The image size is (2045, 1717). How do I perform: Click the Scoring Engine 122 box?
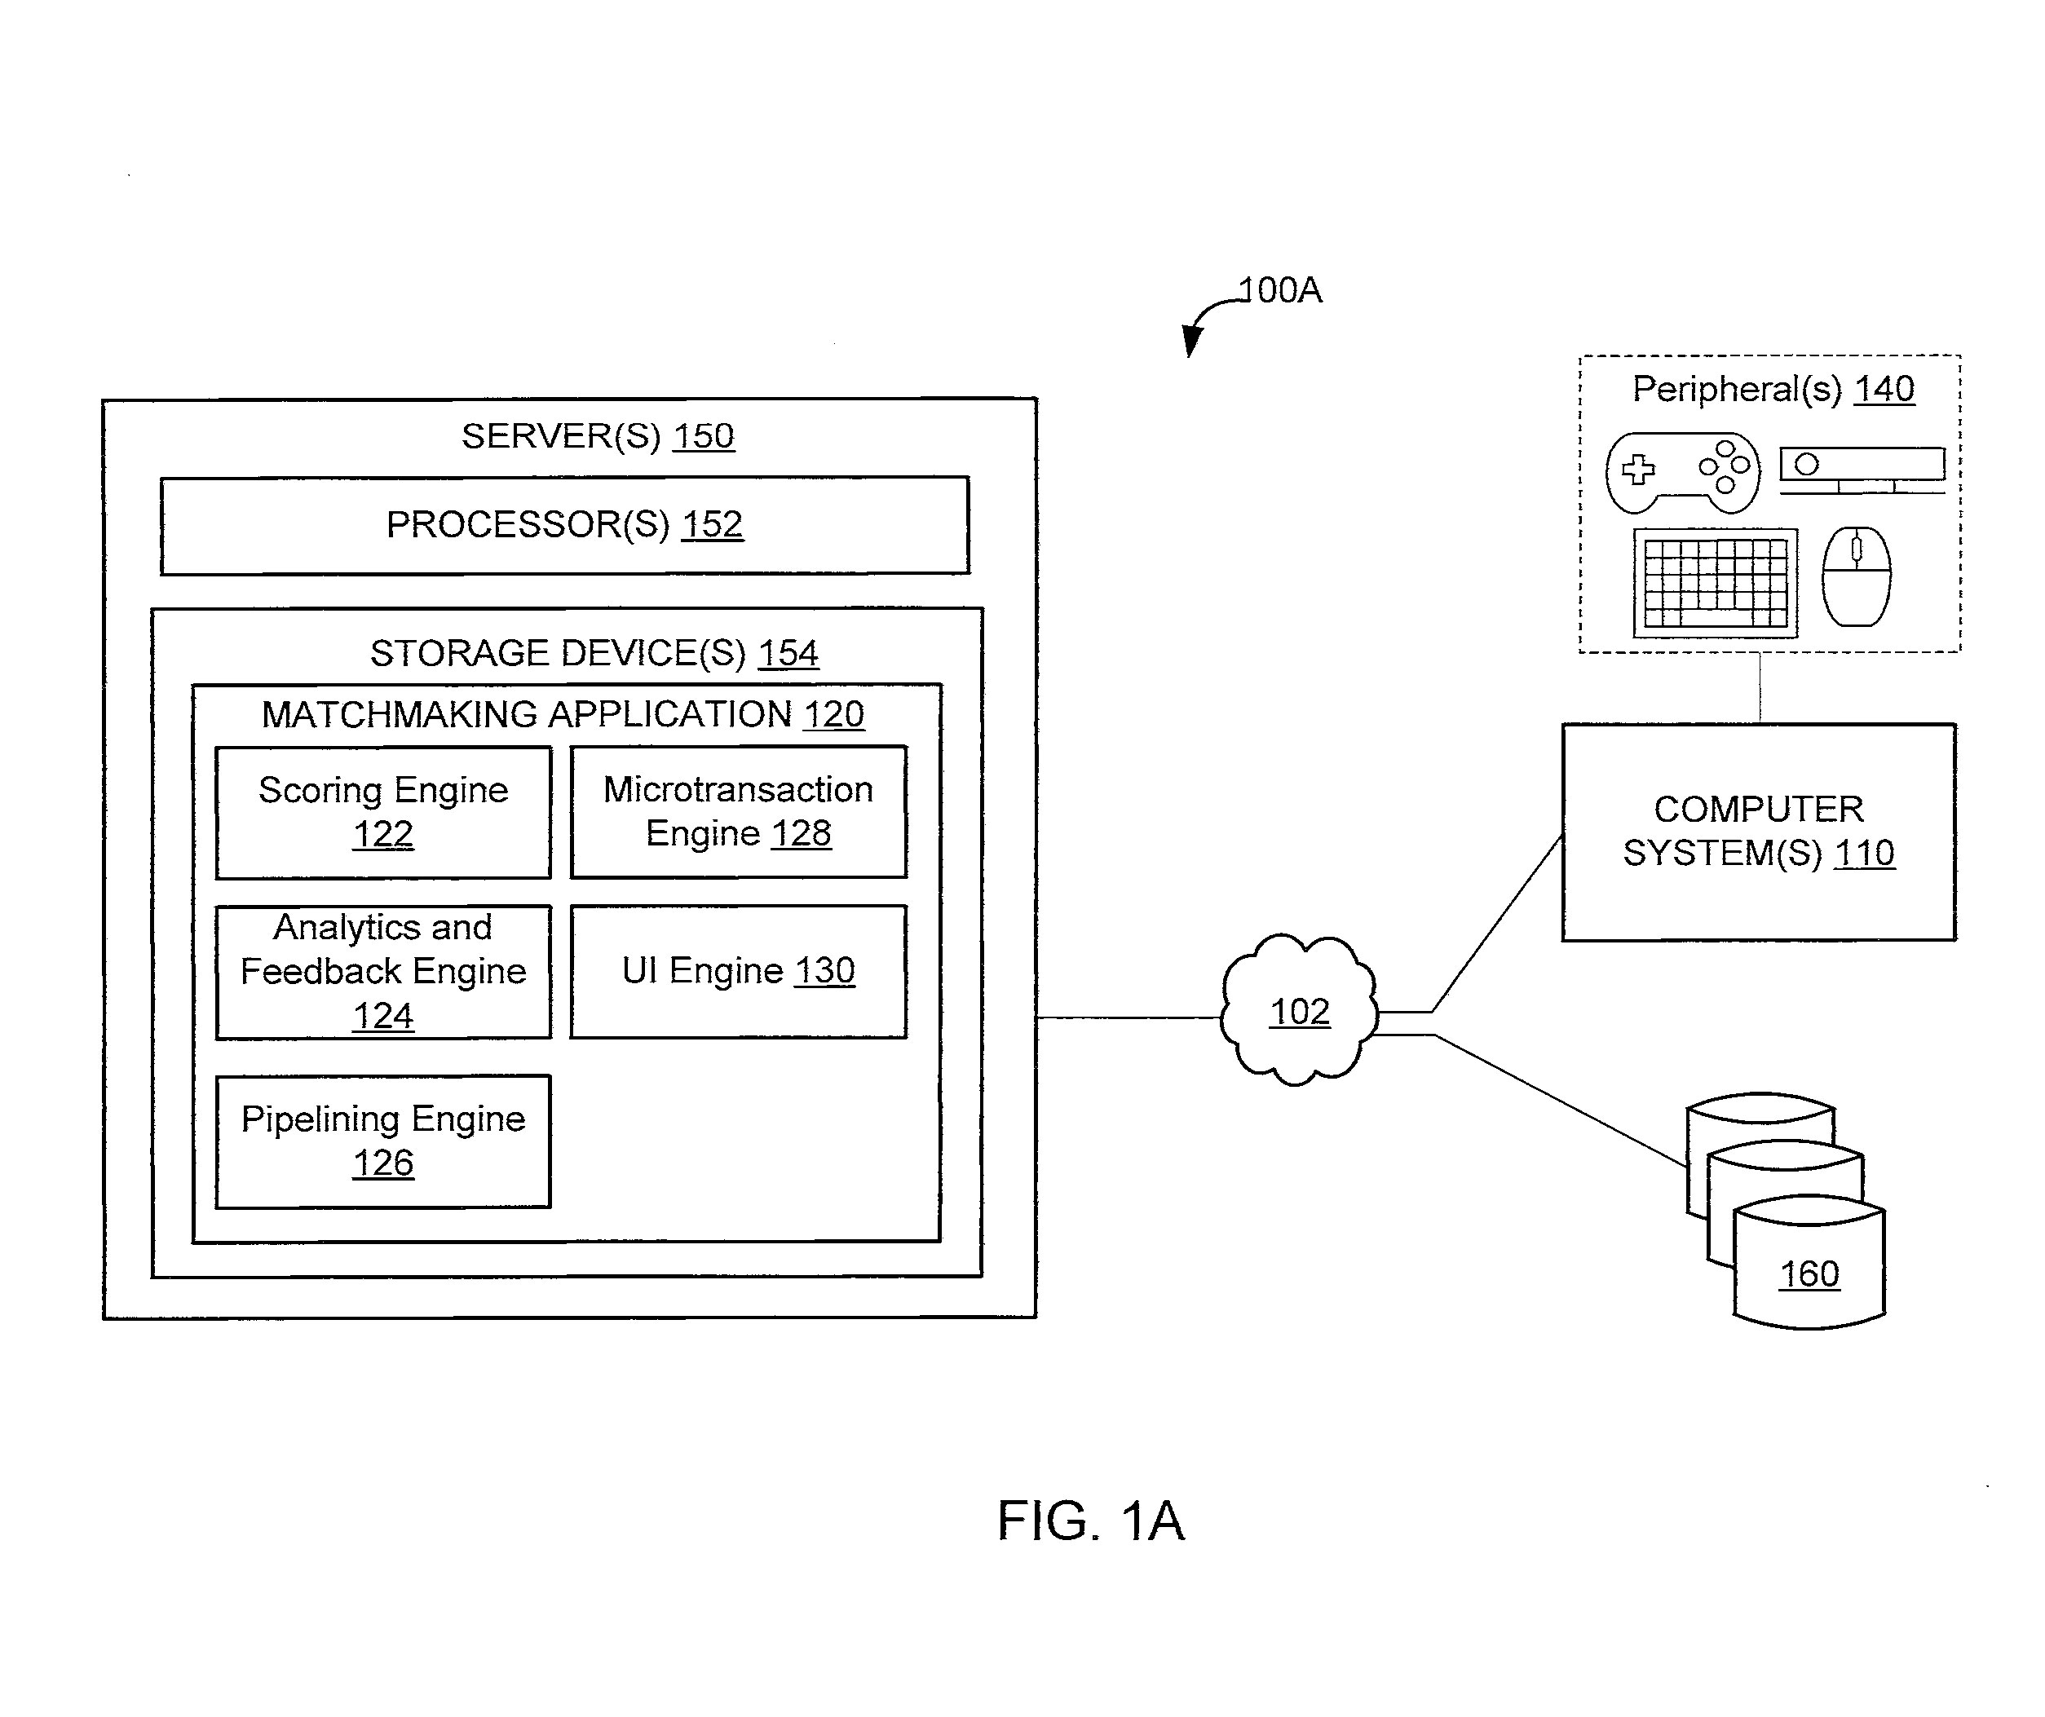(382, 812)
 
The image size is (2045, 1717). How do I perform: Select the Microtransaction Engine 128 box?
(738, 812)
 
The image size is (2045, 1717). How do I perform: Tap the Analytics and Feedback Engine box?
(382, 972)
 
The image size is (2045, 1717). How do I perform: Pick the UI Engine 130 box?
(738, 972)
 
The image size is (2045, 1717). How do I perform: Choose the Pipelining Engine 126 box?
(382, 1141)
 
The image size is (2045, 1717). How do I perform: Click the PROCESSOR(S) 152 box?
(565, 525)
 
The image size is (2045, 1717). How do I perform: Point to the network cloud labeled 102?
(1299, 1011)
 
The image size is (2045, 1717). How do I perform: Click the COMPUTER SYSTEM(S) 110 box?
(1759, 832)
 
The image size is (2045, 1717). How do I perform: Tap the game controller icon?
(1683, 472)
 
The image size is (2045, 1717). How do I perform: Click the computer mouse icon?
(1856, 576)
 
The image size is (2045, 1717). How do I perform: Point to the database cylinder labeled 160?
(1809, 1266)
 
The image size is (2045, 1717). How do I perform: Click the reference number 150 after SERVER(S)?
(703, 436)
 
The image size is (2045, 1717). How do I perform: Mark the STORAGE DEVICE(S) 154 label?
(594, 654)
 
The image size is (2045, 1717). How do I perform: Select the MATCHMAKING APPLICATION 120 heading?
(563, 715)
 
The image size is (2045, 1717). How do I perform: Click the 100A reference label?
(1279, 290)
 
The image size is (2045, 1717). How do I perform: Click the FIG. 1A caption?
(1091, 1521)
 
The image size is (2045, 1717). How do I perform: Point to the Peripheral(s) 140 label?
(1773, 390)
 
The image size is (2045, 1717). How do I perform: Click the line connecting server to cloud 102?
(1129, 1017)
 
